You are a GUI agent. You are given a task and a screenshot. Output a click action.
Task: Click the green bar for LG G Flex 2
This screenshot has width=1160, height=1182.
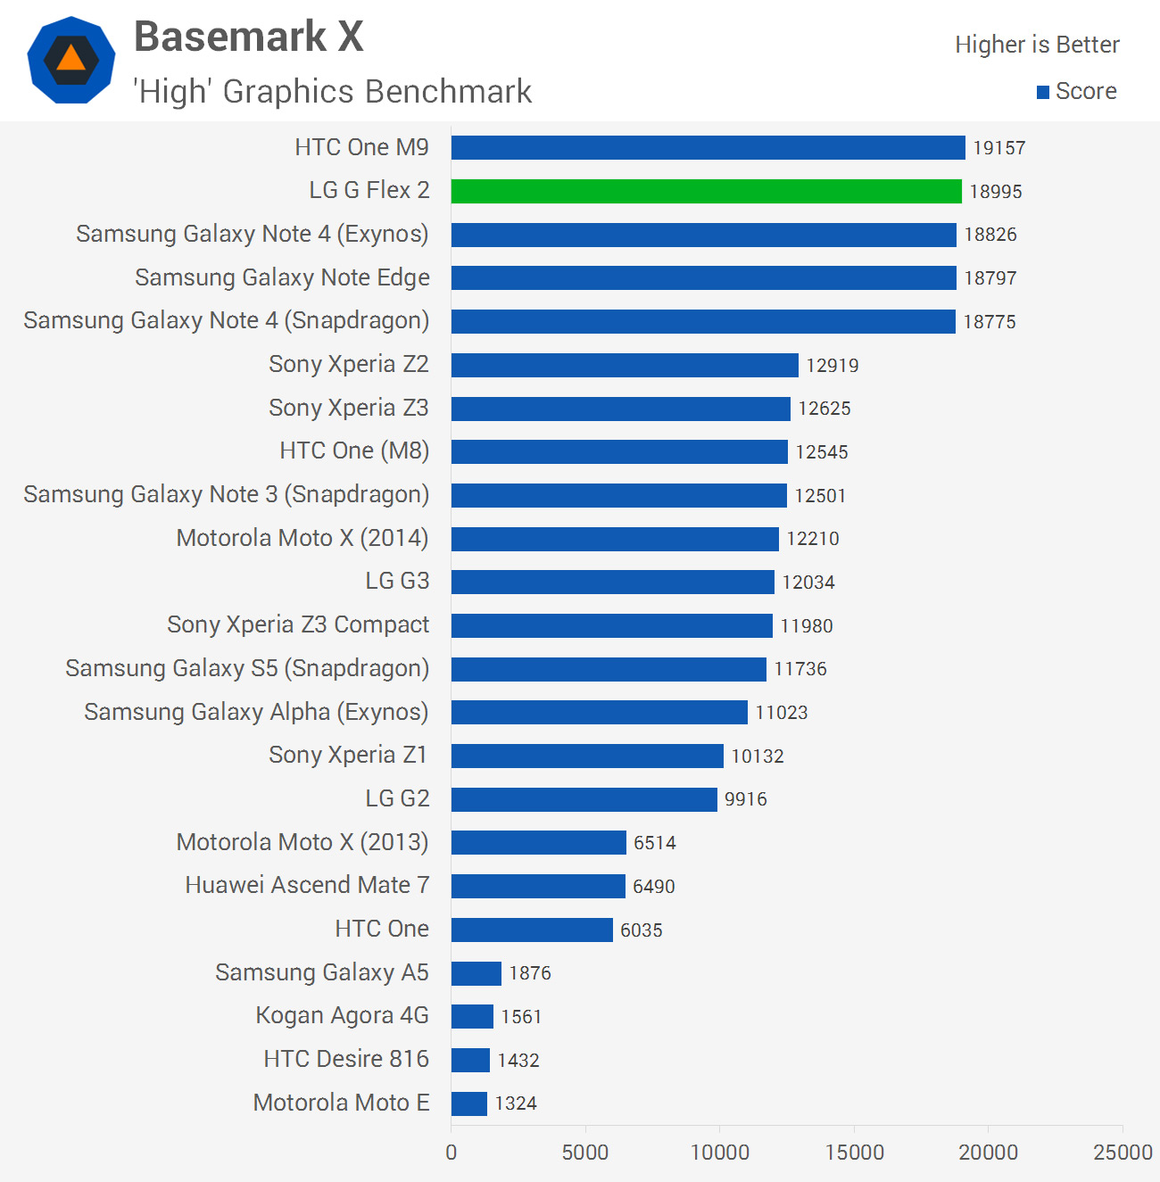pyautogui.click(x=706, y=191)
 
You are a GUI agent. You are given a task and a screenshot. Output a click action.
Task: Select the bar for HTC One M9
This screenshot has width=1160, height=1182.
pyautogui.click(x=708, y=147)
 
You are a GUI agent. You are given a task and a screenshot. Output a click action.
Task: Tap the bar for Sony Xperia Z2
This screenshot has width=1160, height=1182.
pyautogui.click(x=625, y=365)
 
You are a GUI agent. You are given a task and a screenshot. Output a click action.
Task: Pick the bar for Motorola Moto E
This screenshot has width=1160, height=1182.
pyautogui.click(x=469, y=1103)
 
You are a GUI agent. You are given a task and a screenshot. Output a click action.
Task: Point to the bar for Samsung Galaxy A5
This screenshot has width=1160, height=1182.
pyautogui.click(x=476, y=973)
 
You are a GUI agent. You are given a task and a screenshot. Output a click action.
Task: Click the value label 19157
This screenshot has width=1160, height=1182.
pyautogui.click(x=999, y=148)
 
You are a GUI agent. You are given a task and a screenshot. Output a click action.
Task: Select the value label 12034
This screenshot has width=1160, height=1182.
pyautogui.click(x=808, y=583)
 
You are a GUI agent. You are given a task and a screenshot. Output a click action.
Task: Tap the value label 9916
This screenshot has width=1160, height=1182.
pyautogui.click(x=746, y=799)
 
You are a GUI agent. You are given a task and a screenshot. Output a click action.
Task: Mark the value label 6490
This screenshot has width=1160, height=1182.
pyautogui.click(x=654, y=887)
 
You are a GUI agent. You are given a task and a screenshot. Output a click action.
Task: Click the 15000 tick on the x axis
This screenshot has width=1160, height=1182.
pyautogui.click(x=854, y=1153)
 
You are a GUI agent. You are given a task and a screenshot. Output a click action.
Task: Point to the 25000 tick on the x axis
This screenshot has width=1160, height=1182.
pyautogui.click(x=1123, y=1153)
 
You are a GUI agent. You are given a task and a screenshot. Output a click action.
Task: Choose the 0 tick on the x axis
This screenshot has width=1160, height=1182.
pyautogui.click(x=452, y=1153)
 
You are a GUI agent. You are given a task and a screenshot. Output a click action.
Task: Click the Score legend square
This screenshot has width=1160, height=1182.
pyautogui.click(x=1042, y=92)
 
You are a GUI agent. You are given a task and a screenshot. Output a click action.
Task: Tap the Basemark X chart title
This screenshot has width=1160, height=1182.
pyautogui.click(x=249, y=37)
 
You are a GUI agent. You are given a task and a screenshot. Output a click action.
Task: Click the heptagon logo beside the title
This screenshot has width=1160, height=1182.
pyautogui.click(x=71, y=60)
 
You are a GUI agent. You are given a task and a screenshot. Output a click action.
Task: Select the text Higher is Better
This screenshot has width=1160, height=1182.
pyautogui.click(x=1037, y=45)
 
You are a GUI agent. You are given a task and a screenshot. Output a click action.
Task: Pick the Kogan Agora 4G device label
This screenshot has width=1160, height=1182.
pyautogui.click(x=342, y=1016)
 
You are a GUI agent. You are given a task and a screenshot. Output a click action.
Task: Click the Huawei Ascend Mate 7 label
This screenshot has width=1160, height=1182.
pyautogui.click(x=307, y=885)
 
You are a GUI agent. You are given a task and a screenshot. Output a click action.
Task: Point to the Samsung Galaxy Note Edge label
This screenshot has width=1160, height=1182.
pyautogui.click(x=282, y=277)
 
